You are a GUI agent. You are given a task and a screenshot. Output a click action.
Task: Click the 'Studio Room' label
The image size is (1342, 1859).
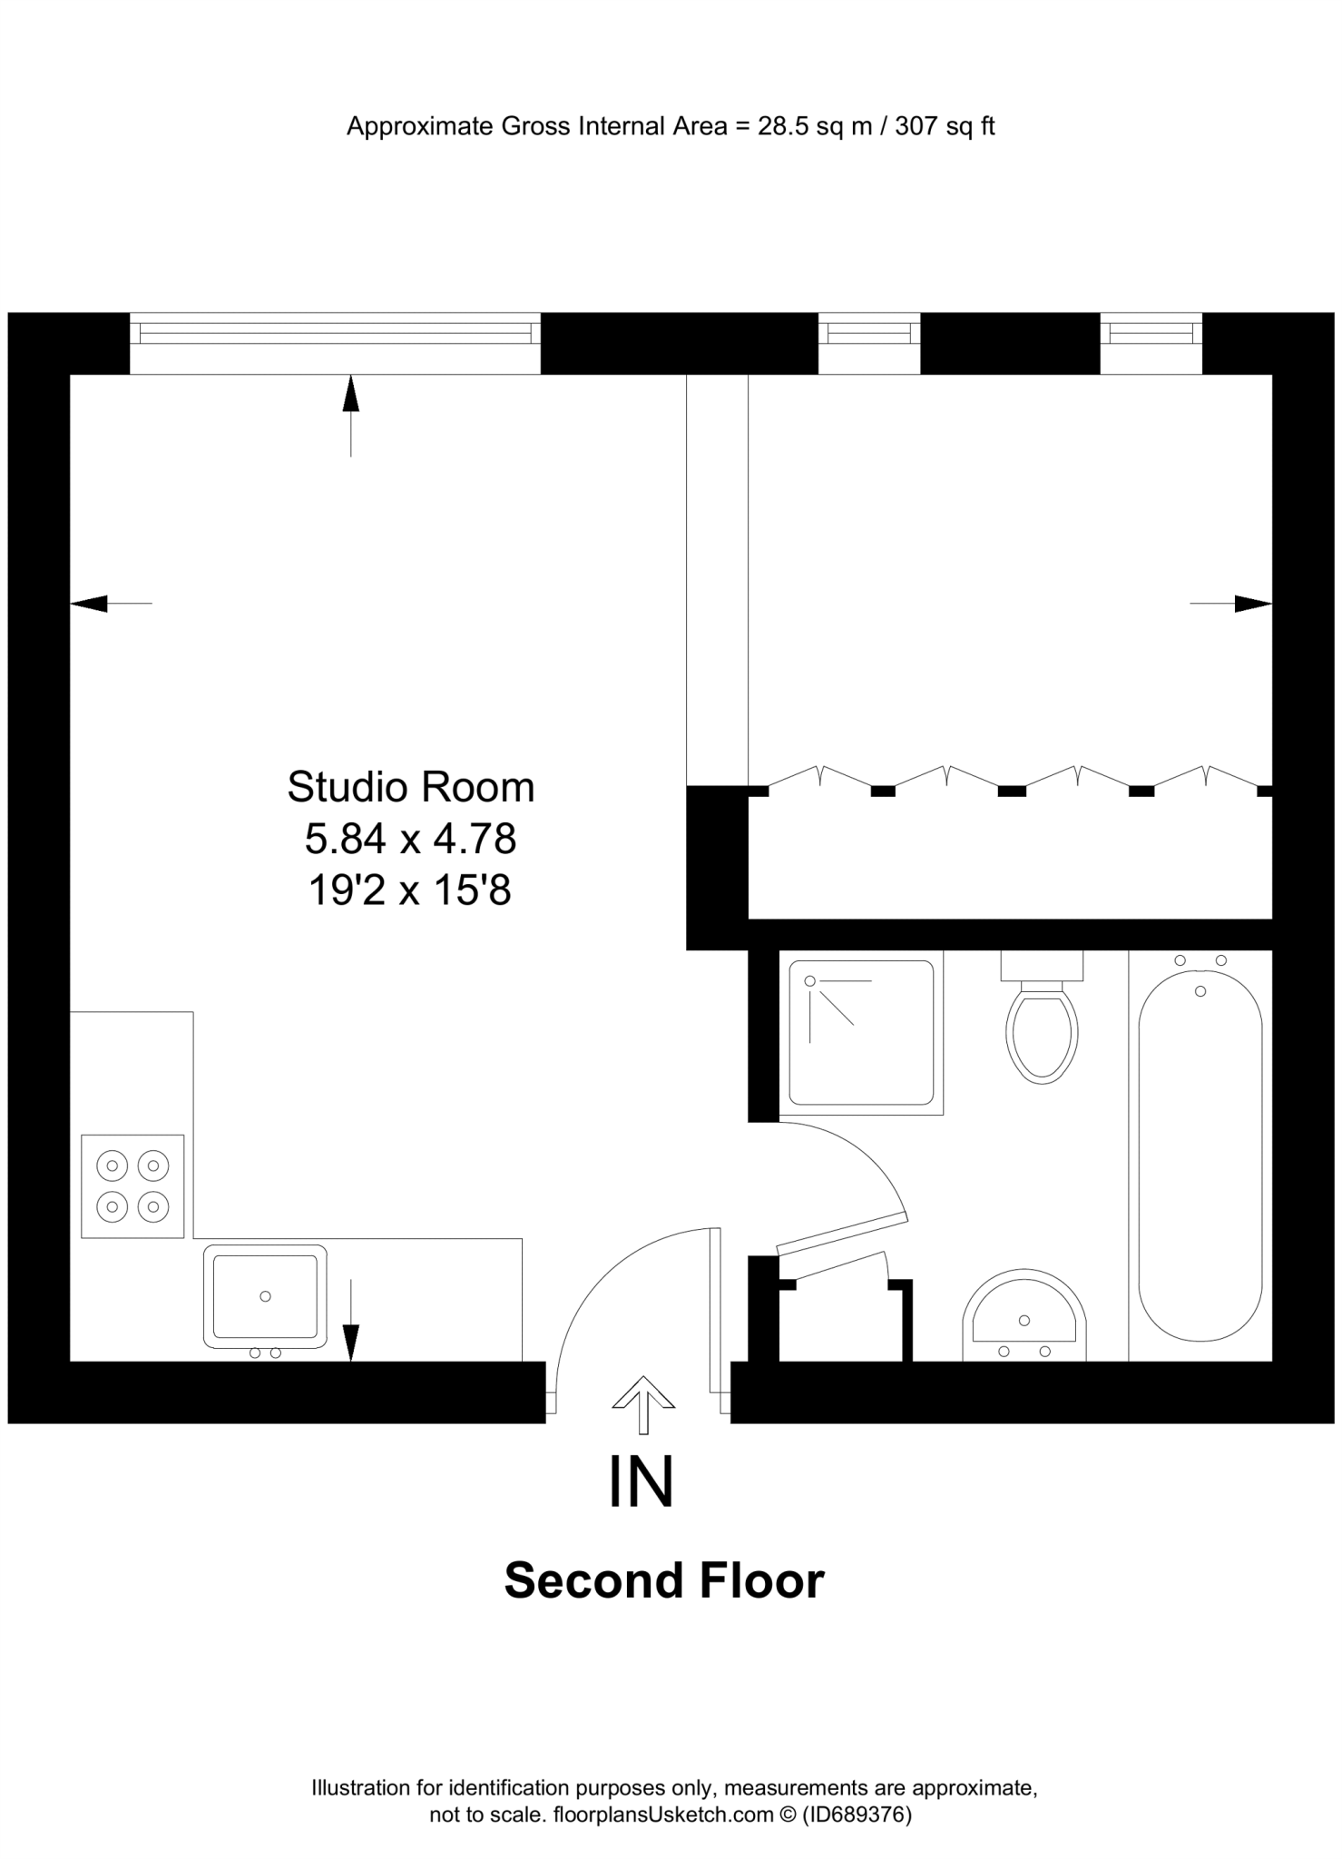(410, 787)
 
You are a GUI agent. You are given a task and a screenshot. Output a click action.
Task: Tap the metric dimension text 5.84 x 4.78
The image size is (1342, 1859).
(410, 839)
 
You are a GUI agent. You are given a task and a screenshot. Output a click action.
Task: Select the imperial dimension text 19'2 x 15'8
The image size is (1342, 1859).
(410, 890)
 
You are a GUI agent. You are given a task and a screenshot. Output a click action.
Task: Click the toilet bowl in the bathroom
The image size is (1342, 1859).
(1042, 1035)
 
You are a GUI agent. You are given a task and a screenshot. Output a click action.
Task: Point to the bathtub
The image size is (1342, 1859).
(1200, 1155)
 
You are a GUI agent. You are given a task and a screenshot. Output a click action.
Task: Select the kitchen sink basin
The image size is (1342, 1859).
(265, 1295)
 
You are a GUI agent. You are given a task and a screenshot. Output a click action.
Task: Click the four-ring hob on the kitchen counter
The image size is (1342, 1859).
(132, 1185)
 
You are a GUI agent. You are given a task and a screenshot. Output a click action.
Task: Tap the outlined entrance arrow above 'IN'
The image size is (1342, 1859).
(643, 1403)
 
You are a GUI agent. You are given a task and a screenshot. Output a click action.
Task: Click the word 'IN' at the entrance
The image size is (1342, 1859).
(642, 1482)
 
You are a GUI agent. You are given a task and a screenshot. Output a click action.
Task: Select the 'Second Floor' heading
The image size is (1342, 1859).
(664, 1580)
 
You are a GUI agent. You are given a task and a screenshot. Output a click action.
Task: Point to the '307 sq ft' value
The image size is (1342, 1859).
(945, 126)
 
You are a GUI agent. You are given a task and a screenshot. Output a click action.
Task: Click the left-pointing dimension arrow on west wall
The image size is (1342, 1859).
(91, 603)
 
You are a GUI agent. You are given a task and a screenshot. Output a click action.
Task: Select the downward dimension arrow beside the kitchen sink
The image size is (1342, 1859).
(350, 1340)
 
